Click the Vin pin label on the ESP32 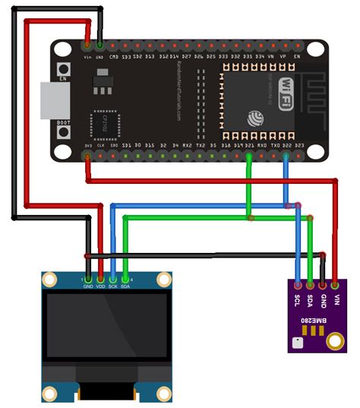pyautogui.click(x=87, y=55)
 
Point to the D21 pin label pyautogui.click(x=250, y=144)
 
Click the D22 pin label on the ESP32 pyautogui.click(x=286, y=144)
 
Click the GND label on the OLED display pyautogui.click(x=88, y=287)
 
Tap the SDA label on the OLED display pyautogui.click(x=125, y=287)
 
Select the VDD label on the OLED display pyautogui.click(x=100, y=287)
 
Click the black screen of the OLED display pyautogui.click(x=106, y=327)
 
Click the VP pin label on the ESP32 pyautogui.click(x=283, y=56)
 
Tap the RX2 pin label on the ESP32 pyautogui.click(x=188, y=144)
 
